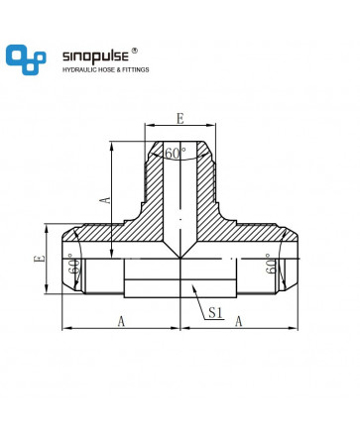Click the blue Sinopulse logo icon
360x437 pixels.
coord(26,59)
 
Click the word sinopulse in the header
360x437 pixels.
coord(95,56)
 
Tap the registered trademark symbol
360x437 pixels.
coord(135,51)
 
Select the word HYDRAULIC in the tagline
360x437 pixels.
coord(79,69)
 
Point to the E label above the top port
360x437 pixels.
coord(180,119)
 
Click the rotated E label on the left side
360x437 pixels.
coord(40,259)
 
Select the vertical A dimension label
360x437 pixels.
coord(106,200)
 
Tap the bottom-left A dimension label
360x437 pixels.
coord(121,321)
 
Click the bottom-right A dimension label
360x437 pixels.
coord(239,321)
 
